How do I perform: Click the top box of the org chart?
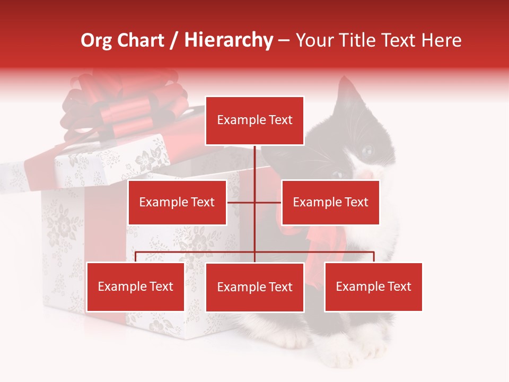pos(254,120)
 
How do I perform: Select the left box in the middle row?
pos(177,202)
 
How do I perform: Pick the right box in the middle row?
pos(330,202)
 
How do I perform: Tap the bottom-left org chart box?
pos(136,287)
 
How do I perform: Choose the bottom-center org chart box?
pos(254,288)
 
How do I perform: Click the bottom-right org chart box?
pos(373,287)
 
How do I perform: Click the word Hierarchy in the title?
pos(228,40)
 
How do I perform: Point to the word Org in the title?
pos(96,40)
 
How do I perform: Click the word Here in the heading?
pos(441,40)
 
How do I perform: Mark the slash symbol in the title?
pos(173,41)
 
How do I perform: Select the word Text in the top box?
pos(280,120)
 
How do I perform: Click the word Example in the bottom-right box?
pos(359,287)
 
